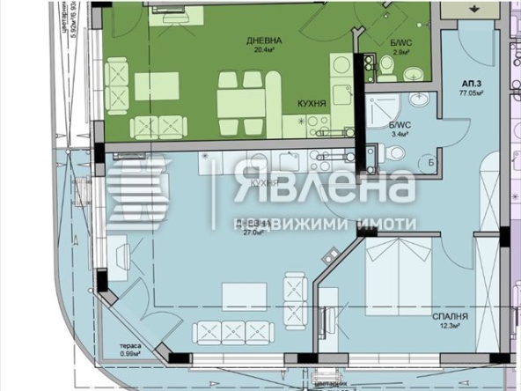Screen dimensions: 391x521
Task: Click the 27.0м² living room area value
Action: pyautogui.click(x=253, y=232)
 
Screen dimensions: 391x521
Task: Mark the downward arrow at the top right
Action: pyautogui.click(x=476, y=8)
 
